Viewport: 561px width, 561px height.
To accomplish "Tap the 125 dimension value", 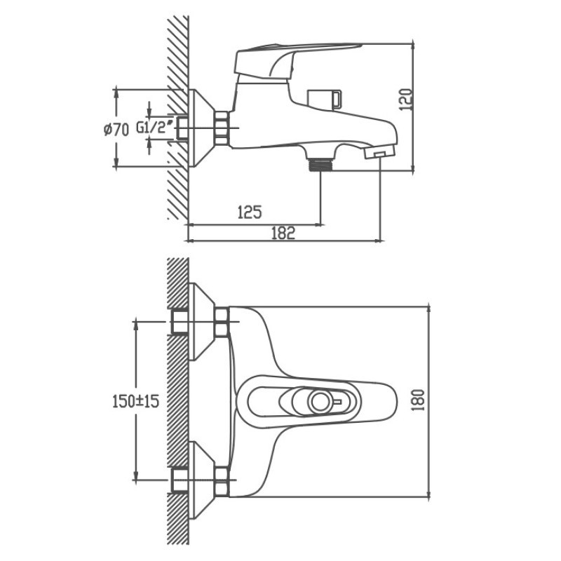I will (x=250, y=211).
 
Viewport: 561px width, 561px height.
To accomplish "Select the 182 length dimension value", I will (x=283, y=234).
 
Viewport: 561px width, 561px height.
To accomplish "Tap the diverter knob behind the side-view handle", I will (x=325, y=97).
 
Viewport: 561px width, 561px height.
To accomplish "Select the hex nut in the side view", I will (x=224, y=128).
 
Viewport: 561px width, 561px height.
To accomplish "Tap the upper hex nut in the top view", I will (x=224, y=322).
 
